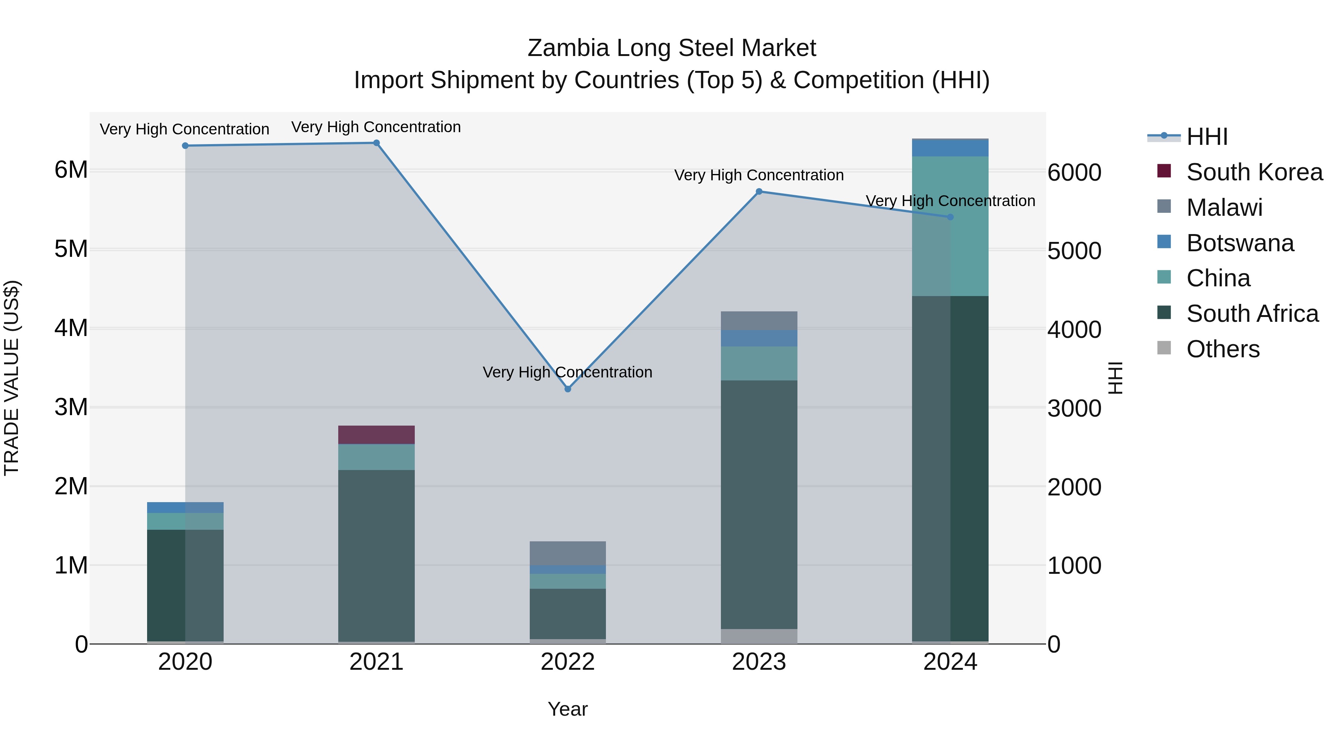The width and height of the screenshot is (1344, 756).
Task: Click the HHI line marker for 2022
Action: [567, 389]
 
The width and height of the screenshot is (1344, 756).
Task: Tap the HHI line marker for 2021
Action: [376, 143]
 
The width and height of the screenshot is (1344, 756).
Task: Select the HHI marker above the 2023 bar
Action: [759, 192]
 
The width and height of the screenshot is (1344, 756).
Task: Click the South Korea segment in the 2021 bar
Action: [376, 435]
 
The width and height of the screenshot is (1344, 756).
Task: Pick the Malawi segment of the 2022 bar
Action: [567, 553]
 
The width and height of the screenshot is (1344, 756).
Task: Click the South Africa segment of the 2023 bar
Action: [759, 504]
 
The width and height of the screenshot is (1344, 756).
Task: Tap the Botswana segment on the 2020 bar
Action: [185, 507]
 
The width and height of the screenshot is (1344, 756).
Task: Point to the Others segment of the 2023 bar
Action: [759, 636]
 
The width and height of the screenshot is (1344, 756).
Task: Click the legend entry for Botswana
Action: [1239, 243]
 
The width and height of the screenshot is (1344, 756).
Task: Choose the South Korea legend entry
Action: [1254, 172]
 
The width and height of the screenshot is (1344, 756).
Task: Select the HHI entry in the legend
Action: [1206, 137]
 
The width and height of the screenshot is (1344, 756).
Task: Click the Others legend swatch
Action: [1164, 348]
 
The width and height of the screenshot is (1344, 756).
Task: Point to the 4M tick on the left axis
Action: [71, 328]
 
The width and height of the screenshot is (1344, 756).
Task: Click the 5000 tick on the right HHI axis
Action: [1074, 251]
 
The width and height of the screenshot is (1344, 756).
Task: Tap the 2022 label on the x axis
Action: [567, 662]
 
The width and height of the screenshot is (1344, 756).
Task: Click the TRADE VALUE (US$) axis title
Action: [12, 378]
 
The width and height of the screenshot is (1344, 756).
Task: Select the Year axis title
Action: [567, 709]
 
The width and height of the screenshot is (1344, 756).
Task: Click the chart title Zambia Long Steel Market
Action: [672, 48]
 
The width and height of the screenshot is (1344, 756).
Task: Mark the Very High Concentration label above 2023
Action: [759, 175]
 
